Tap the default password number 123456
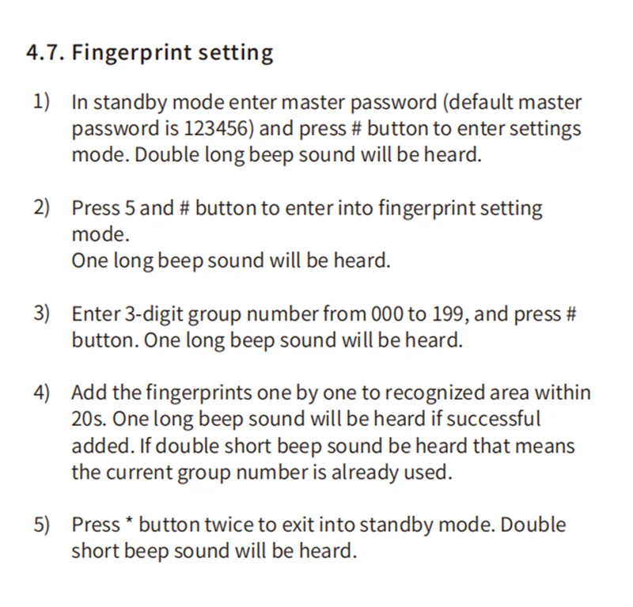coord(212,128)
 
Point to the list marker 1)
coord(41,102)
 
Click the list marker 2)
coord(41,208)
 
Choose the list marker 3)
coord(41,313)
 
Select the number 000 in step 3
coord(386,314)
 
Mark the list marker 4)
coord(41,393)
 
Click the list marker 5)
coord(41,525)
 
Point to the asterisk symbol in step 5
coord(128,523)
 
